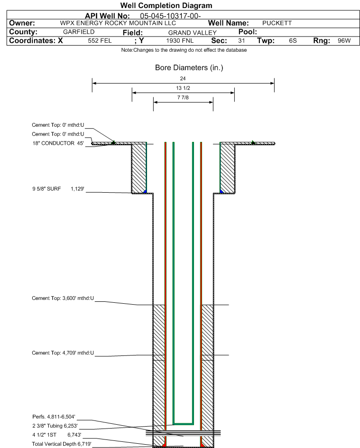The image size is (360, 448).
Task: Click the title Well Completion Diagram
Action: coord(166,5)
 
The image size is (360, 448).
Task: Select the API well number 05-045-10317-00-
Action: coord(170,16)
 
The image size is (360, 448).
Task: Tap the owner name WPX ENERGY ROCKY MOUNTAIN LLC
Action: coord(118,23)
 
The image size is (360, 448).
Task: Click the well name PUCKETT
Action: coord(277,23)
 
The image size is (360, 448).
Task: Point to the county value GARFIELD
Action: coord(79,32)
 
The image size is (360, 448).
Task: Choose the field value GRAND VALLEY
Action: coord(193,33)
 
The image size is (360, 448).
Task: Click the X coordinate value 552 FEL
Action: coord(100,40)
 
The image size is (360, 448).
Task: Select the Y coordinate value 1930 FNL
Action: coord(180,40)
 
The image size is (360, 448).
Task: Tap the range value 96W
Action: coord(344,40)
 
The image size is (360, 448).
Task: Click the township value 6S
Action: coord(293,40)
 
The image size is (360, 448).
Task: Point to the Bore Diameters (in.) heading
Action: coord(189,68)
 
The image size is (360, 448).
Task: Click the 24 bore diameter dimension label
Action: coord(183,78)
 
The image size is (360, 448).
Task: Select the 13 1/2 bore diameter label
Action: coord(183,88)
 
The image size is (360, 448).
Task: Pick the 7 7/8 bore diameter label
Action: coord(183,97)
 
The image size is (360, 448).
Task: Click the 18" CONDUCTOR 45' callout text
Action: coord(58,143)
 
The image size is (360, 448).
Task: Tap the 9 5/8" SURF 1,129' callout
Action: coord(58,189)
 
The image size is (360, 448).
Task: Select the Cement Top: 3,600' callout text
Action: coord(63,299)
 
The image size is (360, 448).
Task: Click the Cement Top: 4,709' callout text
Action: coord(63,353)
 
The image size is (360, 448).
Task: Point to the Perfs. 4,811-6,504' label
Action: coord(54,417)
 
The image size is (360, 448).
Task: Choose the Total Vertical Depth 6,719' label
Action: coord(62,444)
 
